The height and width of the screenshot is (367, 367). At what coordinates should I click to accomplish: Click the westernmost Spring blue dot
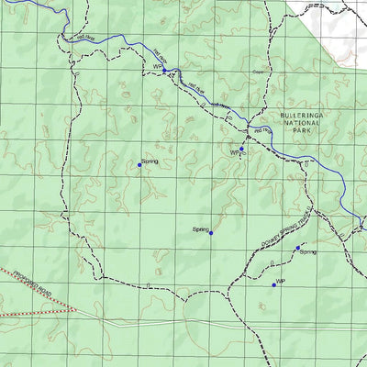139,165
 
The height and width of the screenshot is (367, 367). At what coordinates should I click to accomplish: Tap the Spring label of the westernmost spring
150,161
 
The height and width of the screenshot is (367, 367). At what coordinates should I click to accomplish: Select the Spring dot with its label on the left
211,233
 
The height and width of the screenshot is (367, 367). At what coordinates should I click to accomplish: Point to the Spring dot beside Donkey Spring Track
297,247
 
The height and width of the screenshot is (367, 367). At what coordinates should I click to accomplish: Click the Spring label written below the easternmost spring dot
307,252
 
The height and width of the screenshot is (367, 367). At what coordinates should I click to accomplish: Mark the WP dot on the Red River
165,70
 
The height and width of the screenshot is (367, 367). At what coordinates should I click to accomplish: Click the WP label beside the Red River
157,67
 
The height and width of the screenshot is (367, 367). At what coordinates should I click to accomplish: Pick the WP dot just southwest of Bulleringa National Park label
241,149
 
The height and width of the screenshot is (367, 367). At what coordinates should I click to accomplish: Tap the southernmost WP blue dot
273,285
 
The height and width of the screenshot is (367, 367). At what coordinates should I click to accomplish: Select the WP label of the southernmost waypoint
282,281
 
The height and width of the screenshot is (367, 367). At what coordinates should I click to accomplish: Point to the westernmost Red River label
86,38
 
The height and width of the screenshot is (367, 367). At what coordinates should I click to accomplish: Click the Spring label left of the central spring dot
201,228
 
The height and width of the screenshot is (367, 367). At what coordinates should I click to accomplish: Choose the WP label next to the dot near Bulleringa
234,154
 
